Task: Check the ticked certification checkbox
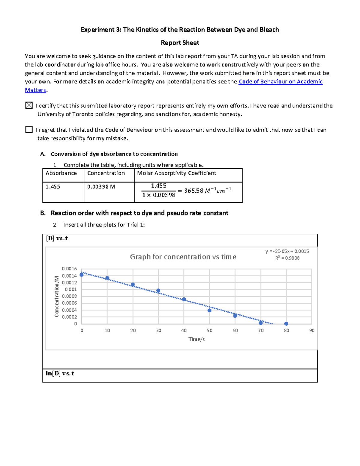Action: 29,105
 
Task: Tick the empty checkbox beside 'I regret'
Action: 29,129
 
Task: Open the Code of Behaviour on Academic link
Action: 280,82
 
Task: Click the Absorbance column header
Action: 61,173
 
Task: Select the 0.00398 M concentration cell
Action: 101,187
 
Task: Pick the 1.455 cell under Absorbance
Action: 53,187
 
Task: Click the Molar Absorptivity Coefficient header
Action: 176,173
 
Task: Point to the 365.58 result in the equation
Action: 193,191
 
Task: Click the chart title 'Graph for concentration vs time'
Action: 183,257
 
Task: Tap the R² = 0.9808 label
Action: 287,258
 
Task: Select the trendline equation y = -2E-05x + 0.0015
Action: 287,251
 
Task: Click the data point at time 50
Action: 209,310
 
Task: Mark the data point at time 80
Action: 286,324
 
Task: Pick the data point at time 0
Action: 82,274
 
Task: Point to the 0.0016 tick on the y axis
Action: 69,269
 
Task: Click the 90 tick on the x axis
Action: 312,330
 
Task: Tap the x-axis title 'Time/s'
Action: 196,339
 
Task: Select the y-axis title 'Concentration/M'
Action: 57,296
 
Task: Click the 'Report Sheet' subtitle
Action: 180,43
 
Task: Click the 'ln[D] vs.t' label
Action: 60,374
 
